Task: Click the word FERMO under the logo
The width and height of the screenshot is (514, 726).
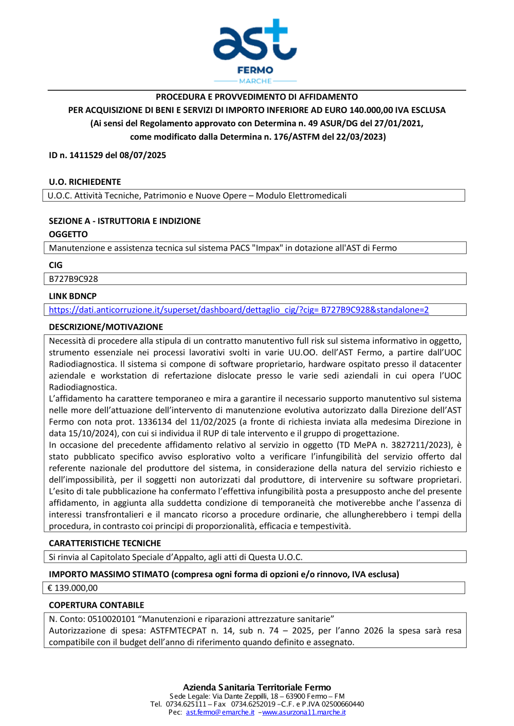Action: [255, 70]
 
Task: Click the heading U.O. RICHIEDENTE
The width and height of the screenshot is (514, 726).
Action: [85, 182]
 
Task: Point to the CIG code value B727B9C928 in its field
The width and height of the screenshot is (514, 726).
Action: [74, 279]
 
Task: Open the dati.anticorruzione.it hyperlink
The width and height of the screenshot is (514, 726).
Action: [238, 310]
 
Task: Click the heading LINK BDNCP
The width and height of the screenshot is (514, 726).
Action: [72, 296]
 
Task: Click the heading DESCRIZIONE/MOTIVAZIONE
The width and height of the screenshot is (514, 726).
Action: [106, 327]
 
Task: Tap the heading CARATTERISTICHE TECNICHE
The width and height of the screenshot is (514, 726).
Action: [105, 543]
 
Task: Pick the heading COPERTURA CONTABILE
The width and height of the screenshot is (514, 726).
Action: [97, 605]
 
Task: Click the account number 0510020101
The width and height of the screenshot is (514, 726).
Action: [111, 619]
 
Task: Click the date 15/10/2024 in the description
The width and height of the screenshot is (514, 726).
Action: [93, 433]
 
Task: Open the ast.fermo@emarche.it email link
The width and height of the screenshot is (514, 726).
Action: [220, 712]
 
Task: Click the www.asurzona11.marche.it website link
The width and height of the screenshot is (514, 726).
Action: [304, 712]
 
